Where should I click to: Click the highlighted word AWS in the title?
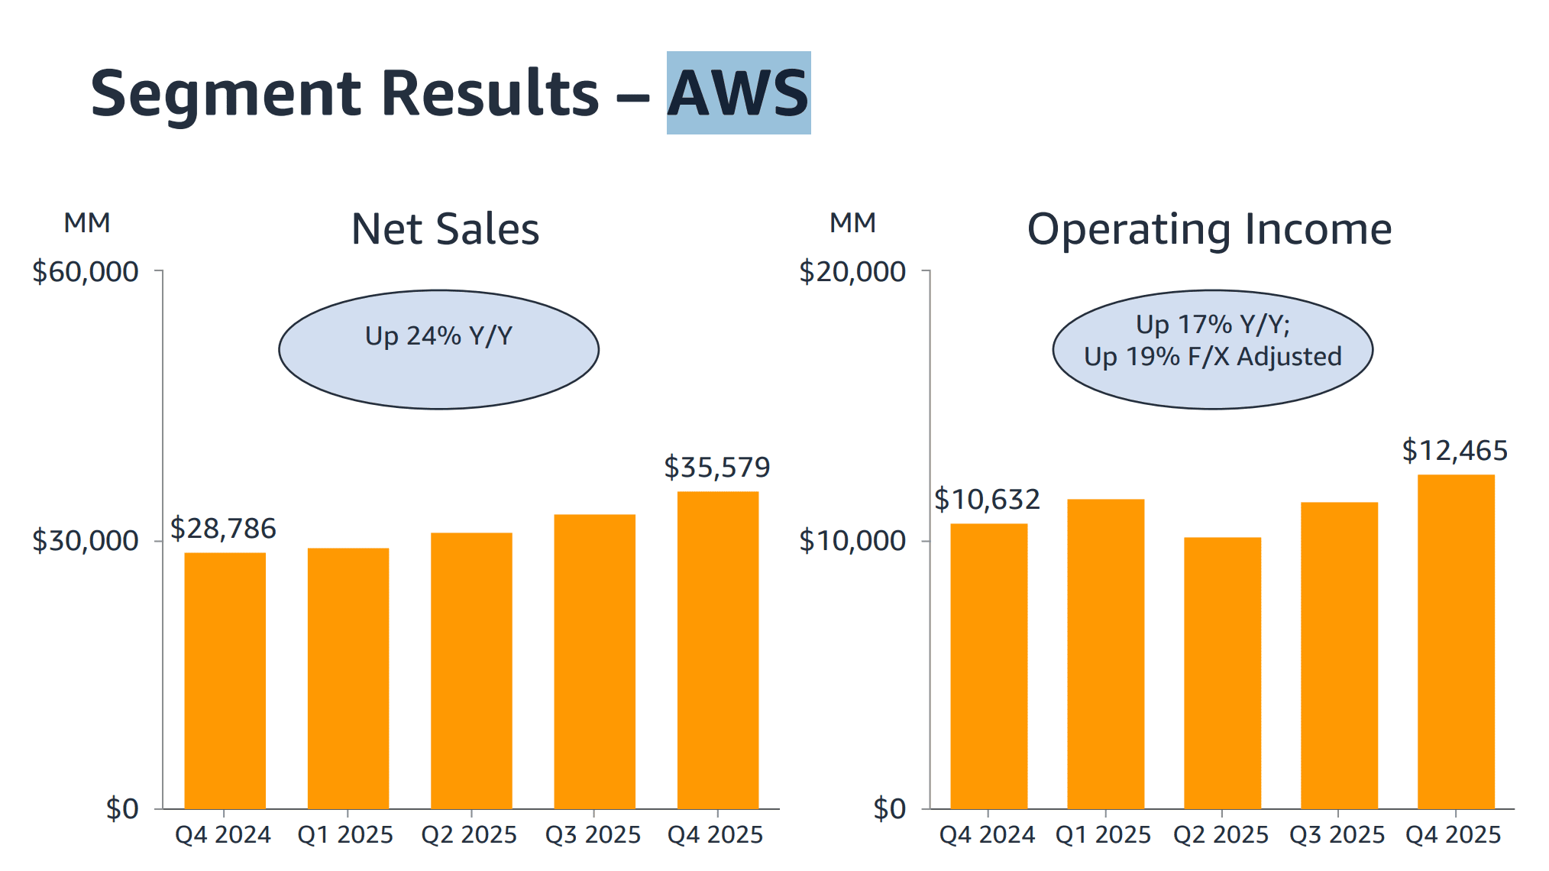pos(738,93)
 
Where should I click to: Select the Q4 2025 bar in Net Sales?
pos(717,649)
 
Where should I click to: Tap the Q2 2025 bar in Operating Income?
pos(1222,672)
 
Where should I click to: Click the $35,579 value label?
pos(716,467)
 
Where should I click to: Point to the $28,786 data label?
pos(223,528)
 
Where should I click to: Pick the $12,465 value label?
pos(1454,450)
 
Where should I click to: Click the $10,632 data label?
pos(987,499)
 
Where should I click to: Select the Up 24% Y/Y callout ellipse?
pos(438,349)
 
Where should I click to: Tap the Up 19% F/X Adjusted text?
pos(1212,357)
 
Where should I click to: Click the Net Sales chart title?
pos(445,228)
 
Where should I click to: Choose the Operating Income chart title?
pos(1209,228)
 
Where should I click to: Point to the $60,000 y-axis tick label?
pos(86,271)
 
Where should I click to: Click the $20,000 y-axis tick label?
pos(852,271)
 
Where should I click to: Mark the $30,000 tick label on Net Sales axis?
pos(86,540)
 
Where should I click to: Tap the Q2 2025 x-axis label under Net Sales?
pos(469,834)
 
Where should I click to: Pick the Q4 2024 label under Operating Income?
pos(987,834)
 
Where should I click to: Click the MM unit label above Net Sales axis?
pos(87,222)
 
